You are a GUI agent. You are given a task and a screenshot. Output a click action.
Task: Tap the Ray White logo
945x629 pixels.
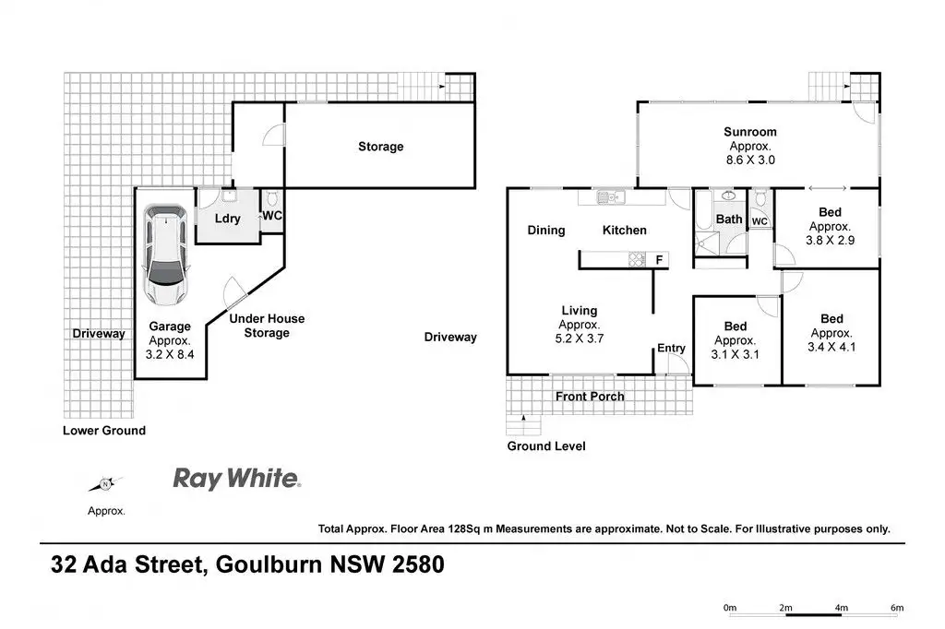tap(236, 479)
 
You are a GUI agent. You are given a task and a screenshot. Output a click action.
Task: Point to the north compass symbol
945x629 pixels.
tap(106, 484)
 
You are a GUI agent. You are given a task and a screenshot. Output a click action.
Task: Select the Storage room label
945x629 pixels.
tap(380, 147)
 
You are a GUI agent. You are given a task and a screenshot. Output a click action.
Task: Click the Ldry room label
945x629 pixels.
tap(228, 219)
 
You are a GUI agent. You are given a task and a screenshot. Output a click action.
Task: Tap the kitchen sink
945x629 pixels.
tap(609, 196)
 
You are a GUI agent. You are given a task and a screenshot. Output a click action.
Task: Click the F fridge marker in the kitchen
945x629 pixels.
tap(659, 260)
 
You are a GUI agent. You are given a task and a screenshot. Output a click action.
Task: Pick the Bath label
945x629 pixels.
tap(729, 220)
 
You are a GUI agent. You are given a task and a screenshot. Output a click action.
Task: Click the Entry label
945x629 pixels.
tap(671, 348)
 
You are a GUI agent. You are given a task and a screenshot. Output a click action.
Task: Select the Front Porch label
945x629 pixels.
tap(590, 397)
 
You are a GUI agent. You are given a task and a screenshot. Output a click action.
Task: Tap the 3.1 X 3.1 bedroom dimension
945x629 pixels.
tap(735, 352)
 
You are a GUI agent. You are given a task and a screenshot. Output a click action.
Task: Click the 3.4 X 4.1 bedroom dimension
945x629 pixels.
tap(831, 346)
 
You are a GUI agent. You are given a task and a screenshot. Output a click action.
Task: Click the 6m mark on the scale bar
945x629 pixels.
tap(897, 607)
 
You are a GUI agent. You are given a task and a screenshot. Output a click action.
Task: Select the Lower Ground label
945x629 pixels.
tap(104, 431)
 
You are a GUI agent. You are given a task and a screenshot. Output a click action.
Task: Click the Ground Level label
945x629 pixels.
tap(546, 446)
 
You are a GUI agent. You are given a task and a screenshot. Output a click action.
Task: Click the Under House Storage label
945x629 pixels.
tap(267, 326)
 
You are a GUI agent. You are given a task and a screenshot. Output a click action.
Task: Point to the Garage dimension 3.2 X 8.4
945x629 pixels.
tap(171, 352)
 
